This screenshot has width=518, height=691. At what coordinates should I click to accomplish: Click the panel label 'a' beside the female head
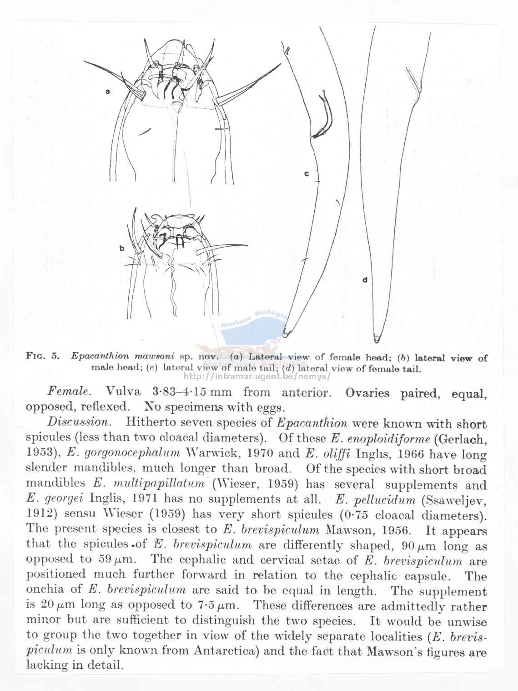click(108, 91)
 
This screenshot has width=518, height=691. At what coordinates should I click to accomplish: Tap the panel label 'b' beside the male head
click(122, 248)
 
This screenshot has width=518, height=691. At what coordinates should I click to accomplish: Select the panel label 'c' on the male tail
click(307, 173)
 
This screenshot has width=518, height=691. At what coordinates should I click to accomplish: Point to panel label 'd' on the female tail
click(365, 279)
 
